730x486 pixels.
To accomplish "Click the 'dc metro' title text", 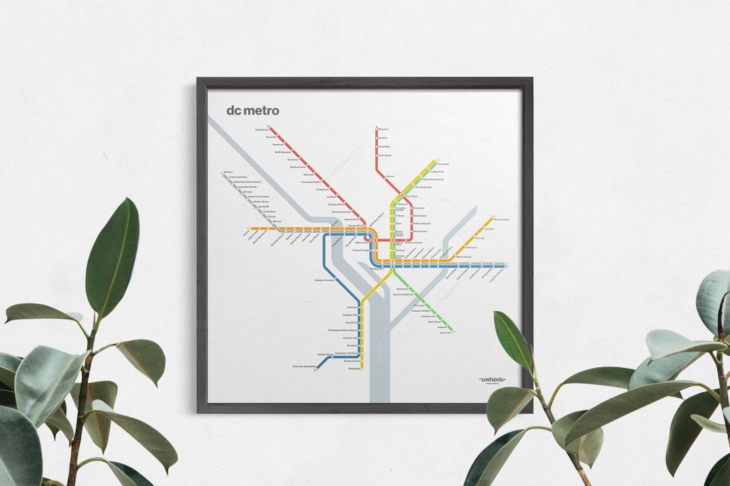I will pyautogui.click(x=253, y=111).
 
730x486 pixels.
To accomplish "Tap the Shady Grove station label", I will pyautogui.click(x=262, y=129).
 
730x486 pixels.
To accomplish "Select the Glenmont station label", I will pyautogui.click(x=383, y=129).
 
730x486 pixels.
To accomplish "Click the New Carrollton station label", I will pyautogui.click(x=501, y=219).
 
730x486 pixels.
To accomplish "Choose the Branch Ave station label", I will pyautogui.click(x=445, y=332).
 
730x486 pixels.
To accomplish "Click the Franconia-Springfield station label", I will pyautogui.click(x=304, y=367).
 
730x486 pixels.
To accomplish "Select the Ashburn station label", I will pyautogui.click(x=227, y=172).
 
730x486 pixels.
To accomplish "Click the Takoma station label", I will pyautogui.click(x=389, y=177).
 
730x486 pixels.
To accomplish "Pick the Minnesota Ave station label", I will pyautogui.click(x=464, y=256).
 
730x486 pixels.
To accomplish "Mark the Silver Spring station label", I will pyautogui.click(x=385, y=155).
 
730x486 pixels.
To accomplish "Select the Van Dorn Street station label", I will pyautogui.click(x=326, y=354).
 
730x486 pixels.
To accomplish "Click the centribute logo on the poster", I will pyautogui.click(x=492, y=381).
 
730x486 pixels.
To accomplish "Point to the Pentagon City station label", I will pyautogui.click(x=349, y=315).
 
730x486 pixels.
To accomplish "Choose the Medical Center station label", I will pyautogui.click(x=298, y=167).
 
